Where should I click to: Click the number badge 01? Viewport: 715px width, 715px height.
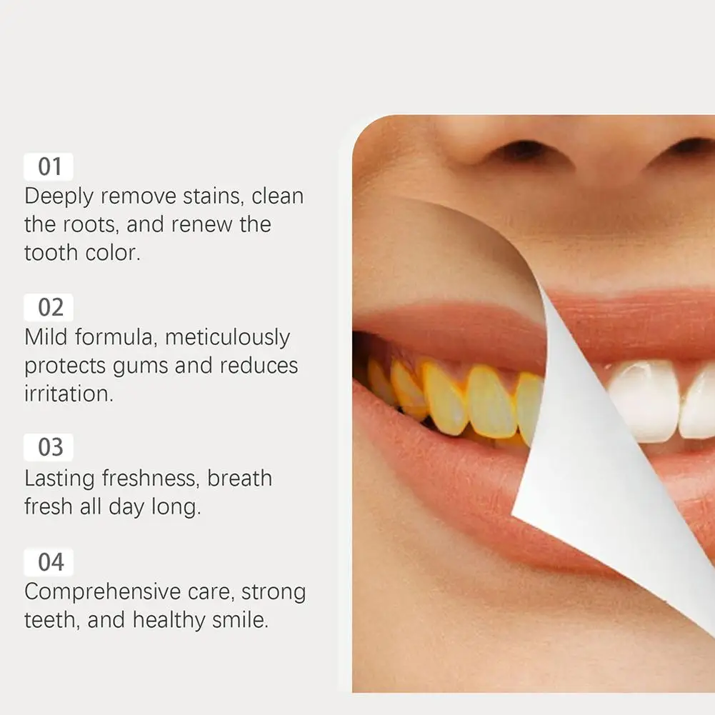pyautogui.click(x=49, y=166)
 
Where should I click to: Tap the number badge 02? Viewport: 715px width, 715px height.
pyautogui.click(x=49, y=307)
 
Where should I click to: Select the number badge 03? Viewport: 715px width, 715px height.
pyautogui.click(x=49, y=447)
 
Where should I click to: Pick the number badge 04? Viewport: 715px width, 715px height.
pyautogui.click(x=49, y=561)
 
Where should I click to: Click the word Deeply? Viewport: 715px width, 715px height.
pyautogui.click(x=59, y=197)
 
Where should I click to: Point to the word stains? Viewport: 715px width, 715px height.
pyautogui.click(x=212, y=196)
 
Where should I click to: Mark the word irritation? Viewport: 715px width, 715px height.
pyautogui.click(x=69, y=394)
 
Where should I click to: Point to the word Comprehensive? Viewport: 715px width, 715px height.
pyautogui.click(x=96, y=593)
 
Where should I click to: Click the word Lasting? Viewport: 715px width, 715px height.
pyautogui.click(x=60, y=479)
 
